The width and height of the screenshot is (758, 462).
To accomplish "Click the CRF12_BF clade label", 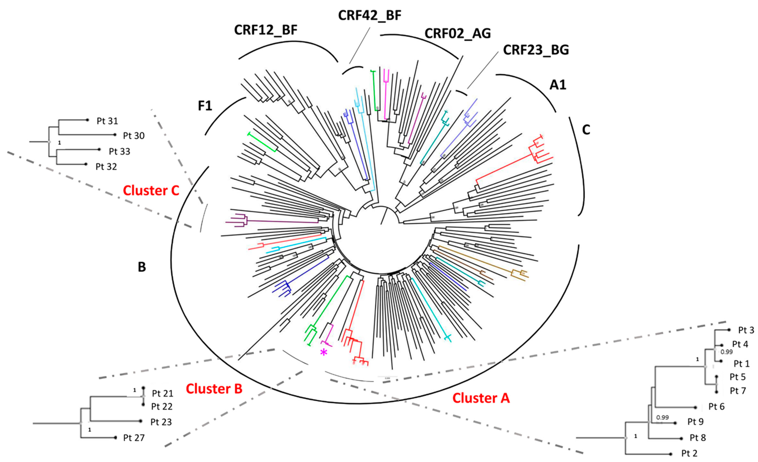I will [266, 30].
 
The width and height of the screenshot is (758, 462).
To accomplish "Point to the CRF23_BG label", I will [536, 50].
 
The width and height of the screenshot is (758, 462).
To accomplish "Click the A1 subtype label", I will [558, 85].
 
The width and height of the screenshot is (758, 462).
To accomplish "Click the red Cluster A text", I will [481, 398].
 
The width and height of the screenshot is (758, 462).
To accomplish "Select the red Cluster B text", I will [214, 389].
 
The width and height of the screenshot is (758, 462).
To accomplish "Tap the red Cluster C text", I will [151, 191].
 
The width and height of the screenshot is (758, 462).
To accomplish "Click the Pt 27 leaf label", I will [134, 438].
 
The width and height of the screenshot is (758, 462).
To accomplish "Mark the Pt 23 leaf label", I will [161, 422].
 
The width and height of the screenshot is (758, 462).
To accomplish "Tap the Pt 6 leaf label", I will [716, 407].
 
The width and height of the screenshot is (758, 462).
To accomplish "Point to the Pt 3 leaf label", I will [746, 330].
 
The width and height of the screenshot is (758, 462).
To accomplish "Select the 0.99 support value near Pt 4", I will [727, 352].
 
